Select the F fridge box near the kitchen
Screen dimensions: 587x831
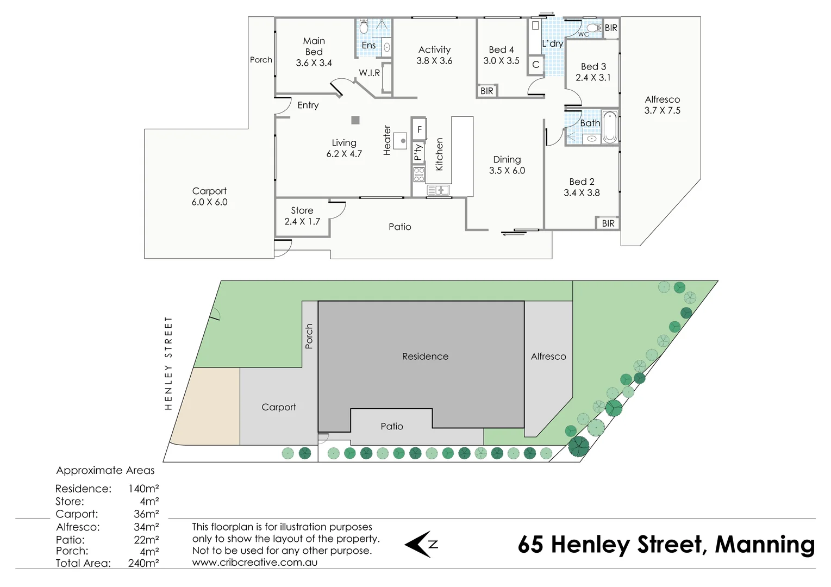[x=419, y=130]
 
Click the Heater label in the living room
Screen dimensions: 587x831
[x=387, y=140]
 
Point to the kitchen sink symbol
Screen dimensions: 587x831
[x=438, y=190]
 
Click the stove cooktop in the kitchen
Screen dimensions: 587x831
[x=418, y=174]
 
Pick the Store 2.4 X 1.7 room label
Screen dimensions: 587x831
[x=302, y=216]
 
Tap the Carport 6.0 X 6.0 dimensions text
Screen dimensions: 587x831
[x=209, y=202]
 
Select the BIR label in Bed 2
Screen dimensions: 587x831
[x=608, y=223]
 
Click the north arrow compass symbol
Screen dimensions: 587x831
[x=421, y=544]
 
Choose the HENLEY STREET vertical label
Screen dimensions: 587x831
[x=168, y=363]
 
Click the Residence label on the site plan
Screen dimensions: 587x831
[x=425, y=357]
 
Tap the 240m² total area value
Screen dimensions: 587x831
[x=143, y=564]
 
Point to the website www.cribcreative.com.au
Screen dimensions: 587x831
[x=254, y=563]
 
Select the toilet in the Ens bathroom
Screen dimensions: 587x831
[x=364, y=26]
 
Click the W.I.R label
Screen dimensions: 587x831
[x=369, y=73]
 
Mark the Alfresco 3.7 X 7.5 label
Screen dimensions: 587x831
[x=662, y=105]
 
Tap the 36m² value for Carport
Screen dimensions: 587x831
[x=146, y=514]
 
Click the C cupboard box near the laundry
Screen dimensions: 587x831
[x=535, y=65]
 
